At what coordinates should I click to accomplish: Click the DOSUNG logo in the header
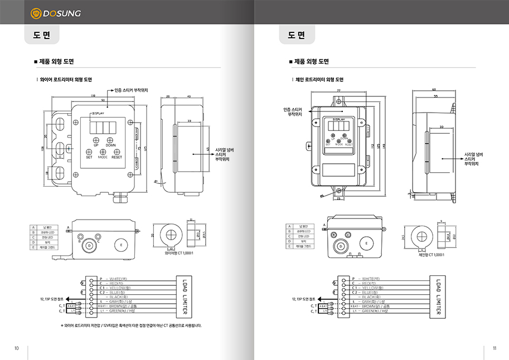click(55, 12)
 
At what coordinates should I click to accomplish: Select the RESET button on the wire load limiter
click(117, 152)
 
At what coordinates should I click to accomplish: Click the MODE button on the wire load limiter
click(103, 152)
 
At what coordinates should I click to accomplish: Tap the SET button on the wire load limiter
click(89, 152)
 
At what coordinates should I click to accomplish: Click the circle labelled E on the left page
click(121, 245)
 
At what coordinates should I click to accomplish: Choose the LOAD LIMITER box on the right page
click(439, 296)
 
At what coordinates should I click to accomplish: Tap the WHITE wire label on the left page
click(118, 278)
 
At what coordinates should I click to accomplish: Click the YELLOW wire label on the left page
click(118, 288)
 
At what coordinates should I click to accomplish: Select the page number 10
click(17, 348)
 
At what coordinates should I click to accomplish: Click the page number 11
click(494, 348)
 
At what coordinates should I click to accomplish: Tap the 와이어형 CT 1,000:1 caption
click(179, 253)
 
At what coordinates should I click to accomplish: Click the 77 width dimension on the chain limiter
click(339, 90)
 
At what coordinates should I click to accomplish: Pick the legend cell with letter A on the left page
click(33, 227)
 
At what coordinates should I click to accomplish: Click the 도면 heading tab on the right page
click(297, 36)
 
